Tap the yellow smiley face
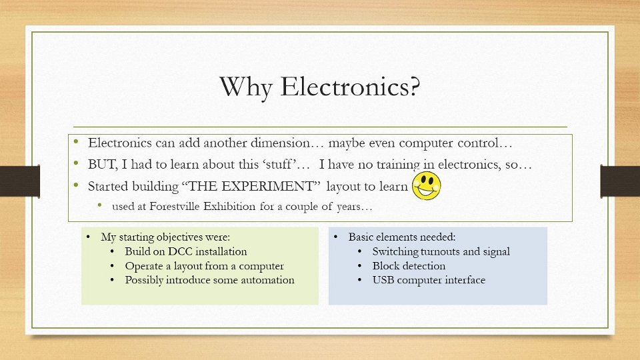[x=427, y=186]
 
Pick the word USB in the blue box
[x=383, y=280]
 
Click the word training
[x=398, y=165]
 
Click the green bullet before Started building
[x=76, y=185]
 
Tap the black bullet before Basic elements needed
[x=336, y=237]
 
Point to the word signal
[x=496, y=252]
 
